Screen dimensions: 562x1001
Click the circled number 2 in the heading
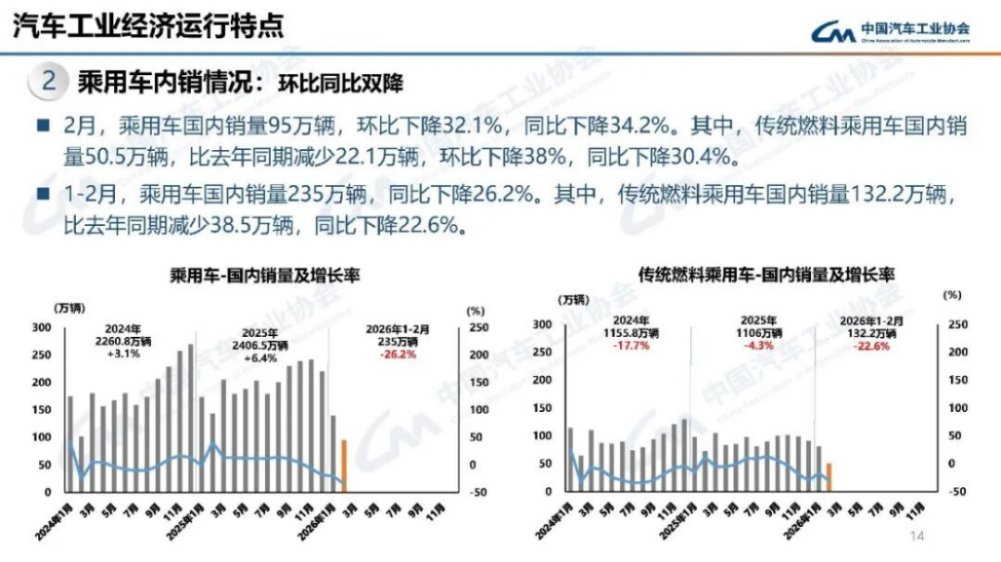pos(49,81)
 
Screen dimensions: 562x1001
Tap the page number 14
pos(918,536)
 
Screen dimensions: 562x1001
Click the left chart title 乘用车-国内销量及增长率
pos(264,275)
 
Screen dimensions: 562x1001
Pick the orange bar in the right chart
pos(829,477)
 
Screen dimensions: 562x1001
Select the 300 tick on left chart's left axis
pos(42,328)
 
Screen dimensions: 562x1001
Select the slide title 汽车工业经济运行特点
pos(147,27)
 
